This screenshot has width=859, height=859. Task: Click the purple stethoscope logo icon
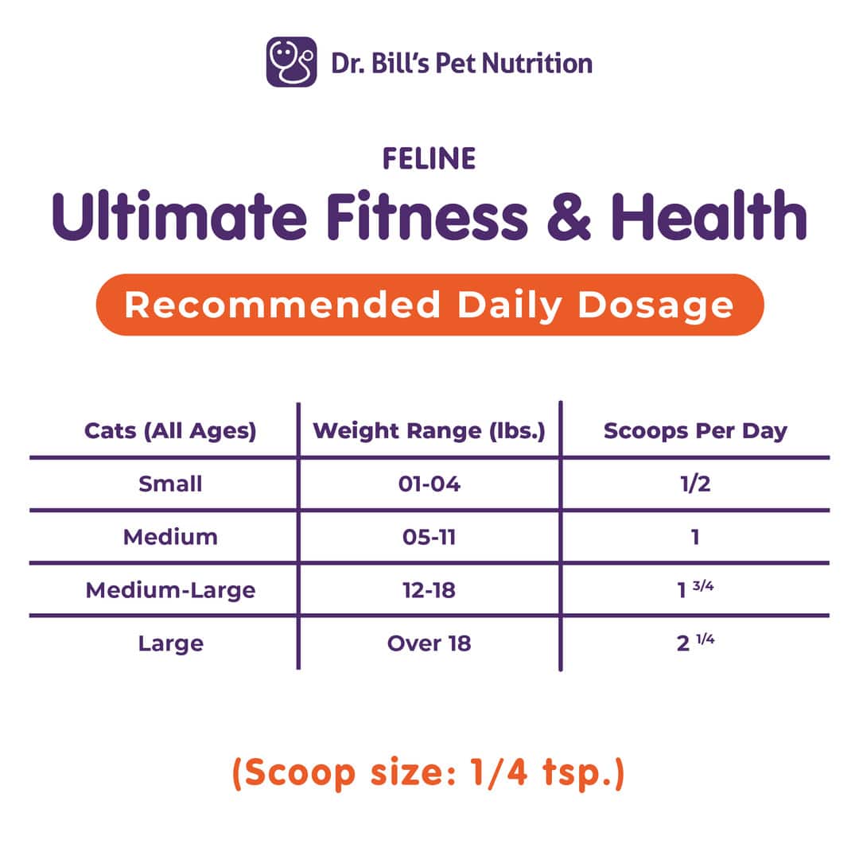pos(291,62)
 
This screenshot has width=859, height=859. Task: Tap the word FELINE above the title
pos(429,159)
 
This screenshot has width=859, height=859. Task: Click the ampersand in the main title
pos(569,216)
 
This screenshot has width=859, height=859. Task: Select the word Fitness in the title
pos(427,216)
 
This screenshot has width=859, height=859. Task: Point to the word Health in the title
pos(709,215)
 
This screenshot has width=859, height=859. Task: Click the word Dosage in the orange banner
pos(655,305)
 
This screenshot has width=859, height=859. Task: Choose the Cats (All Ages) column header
pos(170,431)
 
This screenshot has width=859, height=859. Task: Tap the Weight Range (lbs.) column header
pos(429,431)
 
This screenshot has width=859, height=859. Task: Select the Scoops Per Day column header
pos(695,431)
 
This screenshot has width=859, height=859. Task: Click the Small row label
pos(170,484)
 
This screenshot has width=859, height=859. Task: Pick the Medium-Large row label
pos(170,590)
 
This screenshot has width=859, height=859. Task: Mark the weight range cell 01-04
pos(429,484)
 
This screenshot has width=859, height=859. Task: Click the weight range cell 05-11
pos(429,537)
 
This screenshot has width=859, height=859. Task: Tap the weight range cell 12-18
pos(429,590)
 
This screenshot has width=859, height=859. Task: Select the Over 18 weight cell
pos(429,643)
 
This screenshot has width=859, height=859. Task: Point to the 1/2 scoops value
pos(695,484)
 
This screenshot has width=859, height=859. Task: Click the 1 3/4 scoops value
pos(695,589)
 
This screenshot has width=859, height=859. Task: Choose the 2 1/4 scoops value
pos(695,642)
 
